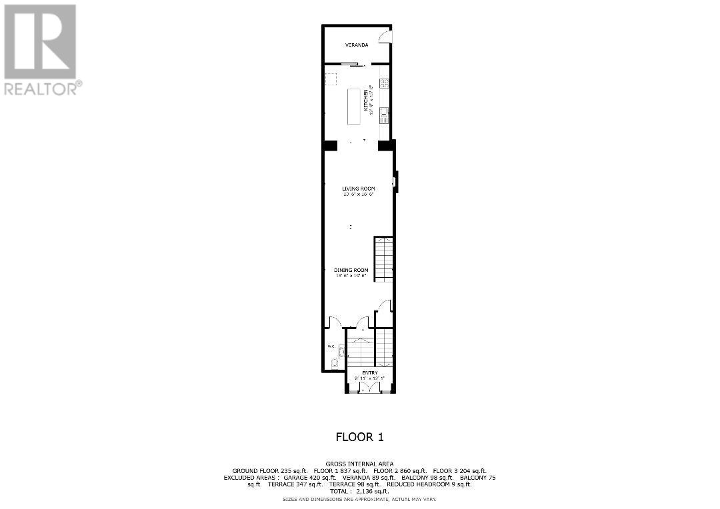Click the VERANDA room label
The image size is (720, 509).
pos(357,45)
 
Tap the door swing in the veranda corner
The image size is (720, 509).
pos(385,37)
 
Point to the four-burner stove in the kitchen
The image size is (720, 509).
pos(384,84)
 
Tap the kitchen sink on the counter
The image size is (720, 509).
pos(384,117)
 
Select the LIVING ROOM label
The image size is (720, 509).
pos(359,189)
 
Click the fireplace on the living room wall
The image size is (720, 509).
pos(395,181)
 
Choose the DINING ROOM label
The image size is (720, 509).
pos(351,270)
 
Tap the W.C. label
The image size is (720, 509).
pos(330,346)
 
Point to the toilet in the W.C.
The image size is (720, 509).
pos(335,363)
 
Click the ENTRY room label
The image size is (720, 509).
pos(370,372)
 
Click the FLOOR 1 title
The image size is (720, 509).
pos(359,437)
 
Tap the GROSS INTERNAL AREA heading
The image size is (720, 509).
pos(359,464)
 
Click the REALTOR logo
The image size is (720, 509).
pos(41,50)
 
